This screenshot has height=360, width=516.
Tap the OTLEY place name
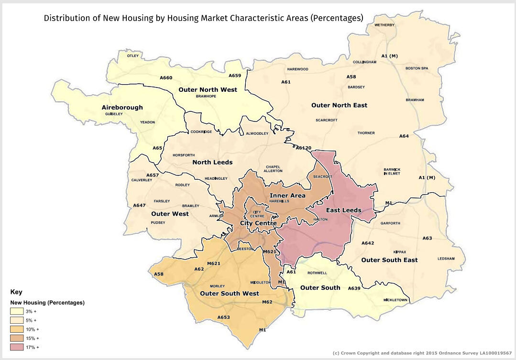point(133,56)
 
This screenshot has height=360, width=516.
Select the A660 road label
point(166,77)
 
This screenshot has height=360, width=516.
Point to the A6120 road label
point(303,148)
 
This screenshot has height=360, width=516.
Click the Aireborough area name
point(122,107)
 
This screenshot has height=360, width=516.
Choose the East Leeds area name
point(343,210)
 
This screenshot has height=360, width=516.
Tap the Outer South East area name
point(389,260)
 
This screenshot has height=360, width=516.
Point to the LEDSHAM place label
point(447,259)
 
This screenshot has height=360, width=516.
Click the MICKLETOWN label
point(395,300)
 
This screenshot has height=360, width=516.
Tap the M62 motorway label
point(267,302)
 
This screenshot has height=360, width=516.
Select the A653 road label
point(223,317)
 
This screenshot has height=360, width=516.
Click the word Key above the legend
point(16,292)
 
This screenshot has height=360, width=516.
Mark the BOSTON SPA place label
point(417,68)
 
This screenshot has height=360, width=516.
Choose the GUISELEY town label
point(114,114)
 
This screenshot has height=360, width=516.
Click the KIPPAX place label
point(399,251)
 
